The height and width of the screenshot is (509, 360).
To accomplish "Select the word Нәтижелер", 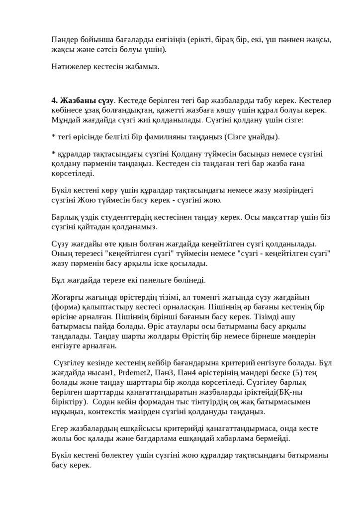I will click(x=70, y=67).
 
